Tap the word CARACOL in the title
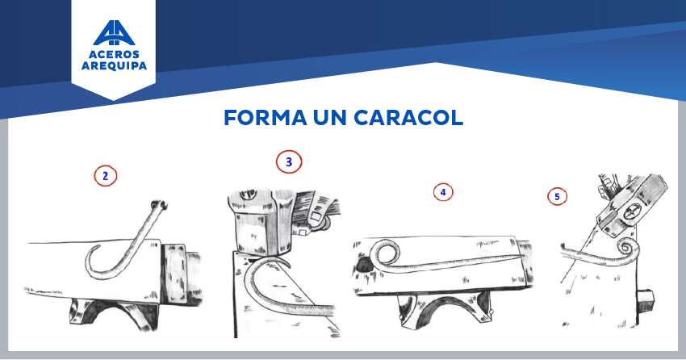point(408,118)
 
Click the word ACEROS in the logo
point(114,55)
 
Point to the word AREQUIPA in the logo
point(114,65)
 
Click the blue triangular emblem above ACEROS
point(114,33)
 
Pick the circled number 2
point(106,176)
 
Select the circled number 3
point(289,162)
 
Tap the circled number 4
point(443,192)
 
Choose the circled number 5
point(557,196)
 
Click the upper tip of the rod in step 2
point(159,204)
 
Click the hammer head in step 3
point(261,222)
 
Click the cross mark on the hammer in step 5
point(631,215)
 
